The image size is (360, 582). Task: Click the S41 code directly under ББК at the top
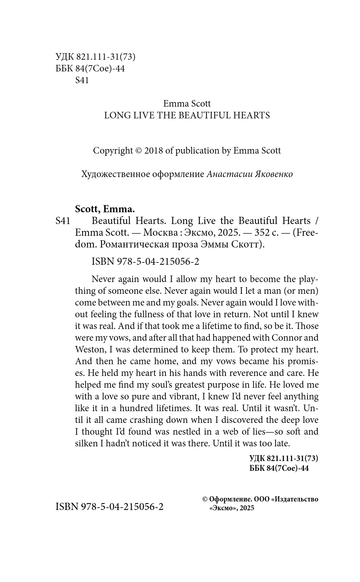[x=82, y=80]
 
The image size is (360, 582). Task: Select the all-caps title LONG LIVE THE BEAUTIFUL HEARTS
[x=187, y=115]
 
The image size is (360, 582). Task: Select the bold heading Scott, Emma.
[x=105, y=209]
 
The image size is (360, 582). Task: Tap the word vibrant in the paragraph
[x=182, y=396]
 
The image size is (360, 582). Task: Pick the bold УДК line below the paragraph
[x=283, y=458]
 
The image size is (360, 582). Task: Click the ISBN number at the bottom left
[x=110, y=507]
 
